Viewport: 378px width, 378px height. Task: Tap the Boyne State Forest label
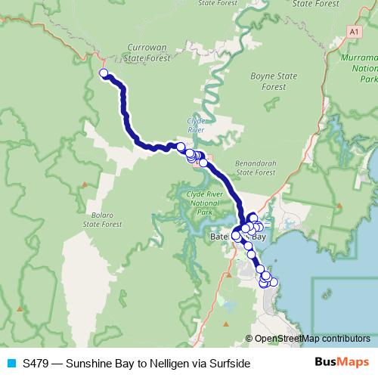(267, 81)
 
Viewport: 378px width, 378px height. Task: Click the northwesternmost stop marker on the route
(104, 73)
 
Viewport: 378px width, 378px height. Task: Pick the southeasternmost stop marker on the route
(274, 283)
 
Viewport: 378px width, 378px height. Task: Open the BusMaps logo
(343, 362)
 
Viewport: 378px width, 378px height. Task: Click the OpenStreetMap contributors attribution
(312, 339)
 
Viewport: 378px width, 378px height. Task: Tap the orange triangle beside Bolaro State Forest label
(85, 184)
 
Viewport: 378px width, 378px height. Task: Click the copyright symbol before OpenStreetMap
(250, 339)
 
